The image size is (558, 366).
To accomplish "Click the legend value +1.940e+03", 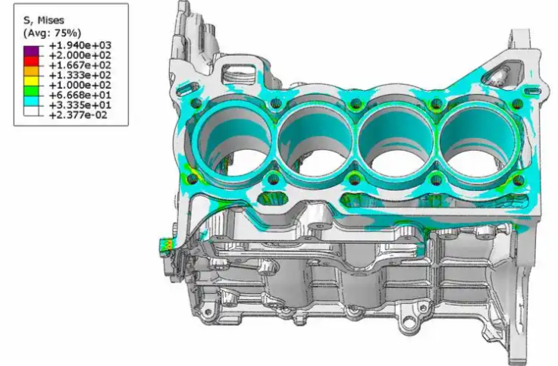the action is (80, 45).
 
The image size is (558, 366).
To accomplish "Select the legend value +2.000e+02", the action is (80, 55).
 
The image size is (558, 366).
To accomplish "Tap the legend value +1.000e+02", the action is (80, 86).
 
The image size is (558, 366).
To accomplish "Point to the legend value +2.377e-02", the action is (78, 115).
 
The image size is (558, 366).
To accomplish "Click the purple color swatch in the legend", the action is (31, 51).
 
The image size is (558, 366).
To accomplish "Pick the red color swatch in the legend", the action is (31, 61).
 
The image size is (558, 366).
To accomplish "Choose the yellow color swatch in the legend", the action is (31, 81).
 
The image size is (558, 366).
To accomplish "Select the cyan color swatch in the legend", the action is (31, 101).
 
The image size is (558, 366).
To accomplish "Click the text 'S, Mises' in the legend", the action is (44, 20).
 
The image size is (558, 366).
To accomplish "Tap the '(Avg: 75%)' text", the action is (52, 33).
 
